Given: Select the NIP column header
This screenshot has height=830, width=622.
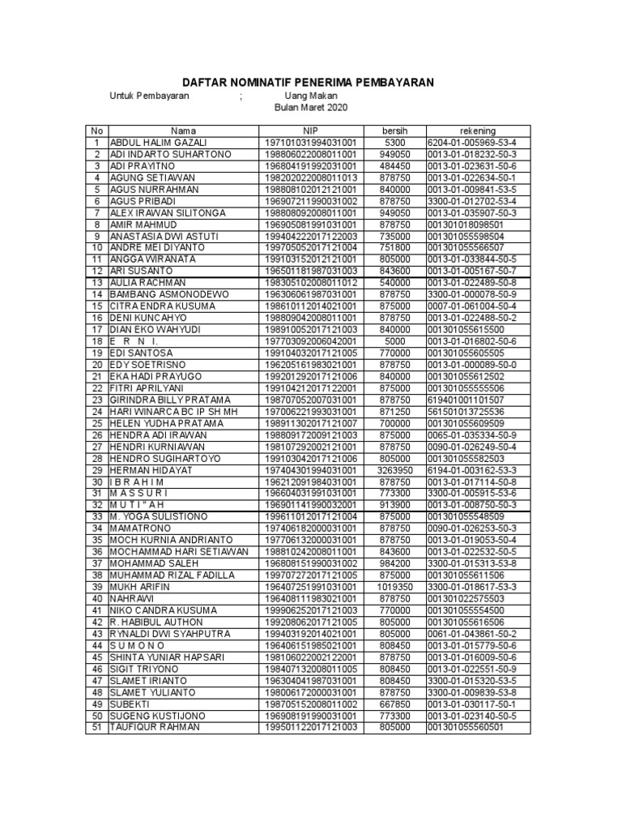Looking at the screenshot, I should [x=311, y=130].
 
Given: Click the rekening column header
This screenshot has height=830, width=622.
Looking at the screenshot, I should [x=477, y=130].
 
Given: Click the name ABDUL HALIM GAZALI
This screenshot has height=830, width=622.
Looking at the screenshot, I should [x=152, y=142].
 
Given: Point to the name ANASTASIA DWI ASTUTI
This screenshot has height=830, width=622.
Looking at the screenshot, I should [x=159, y=236].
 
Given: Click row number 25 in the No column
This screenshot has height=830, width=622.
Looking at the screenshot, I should [x=96, y=423].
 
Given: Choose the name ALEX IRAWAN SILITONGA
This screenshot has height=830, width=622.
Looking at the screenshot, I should [x=164, y=212].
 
